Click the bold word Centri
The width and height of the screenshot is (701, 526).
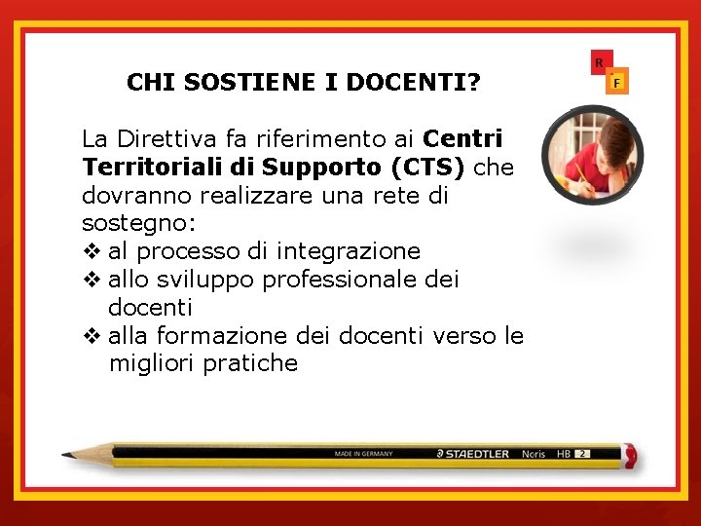pos(463,138)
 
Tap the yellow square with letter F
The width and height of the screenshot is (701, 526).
pos(616,83)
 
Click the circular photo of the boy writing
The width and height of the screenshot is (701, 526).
pos(579,156)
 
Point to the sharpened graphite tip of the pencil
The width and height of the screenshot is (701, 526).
pos(66,454)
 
